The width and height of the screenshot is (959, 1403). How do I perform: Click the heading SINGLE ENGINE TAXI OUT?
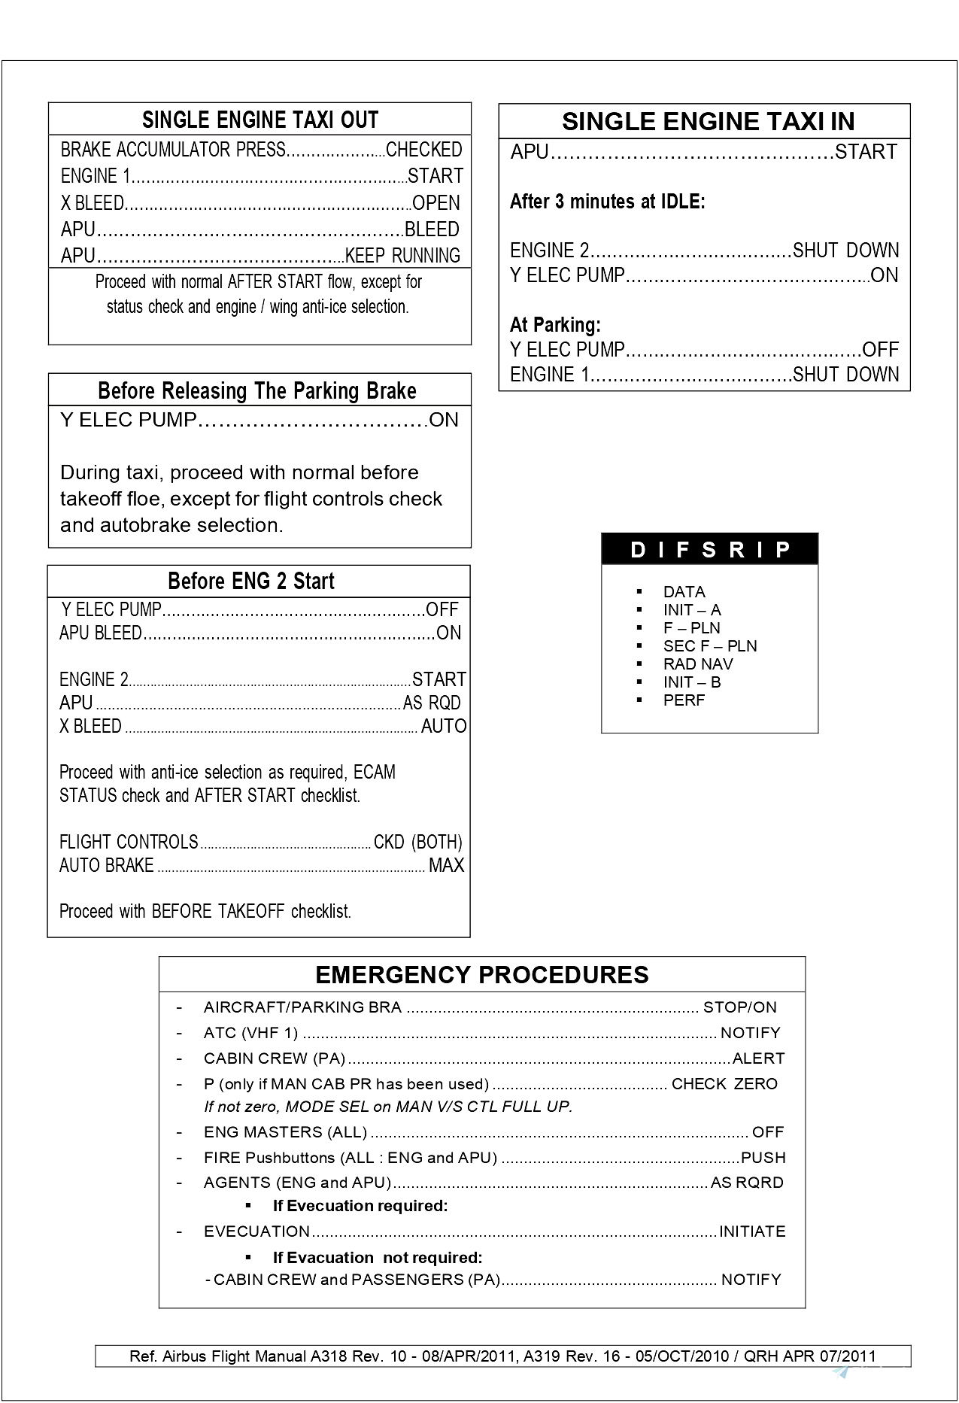point(260,120)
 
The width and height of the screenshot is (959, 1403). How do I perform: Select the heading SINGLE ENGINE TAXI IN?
point(708,122)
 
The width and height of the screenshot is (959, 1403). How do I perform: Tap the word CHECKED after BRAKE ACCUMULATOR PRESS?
point(423,150)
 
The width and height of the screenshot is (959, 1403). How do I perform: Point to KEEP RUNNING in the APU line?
point(402,256)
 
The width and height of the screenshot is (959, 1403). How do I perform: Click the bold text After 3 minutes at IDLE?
point(607,202)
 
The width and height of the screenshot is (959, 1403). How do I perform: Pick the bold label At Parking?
point(555,325)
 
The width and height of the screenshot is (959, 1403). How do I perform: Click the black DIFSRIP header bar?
point(709,550)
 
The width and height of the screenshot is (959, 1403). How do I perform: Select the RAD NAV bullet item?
point(697,664)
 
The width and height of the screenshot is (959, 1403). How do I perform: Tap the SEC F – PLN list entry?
point(709,646)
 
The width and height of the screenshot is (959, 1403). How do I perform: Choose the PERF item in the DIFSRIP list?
point(684,700)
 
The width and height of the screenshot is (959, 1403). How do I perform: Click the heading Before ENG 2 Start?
point(250,582)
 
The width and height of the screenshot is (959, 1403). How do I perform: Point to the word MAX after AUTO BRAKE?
point(446,866)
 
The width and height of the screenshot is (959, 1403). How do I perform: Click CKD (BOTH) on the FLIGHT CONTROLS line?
point(417,843)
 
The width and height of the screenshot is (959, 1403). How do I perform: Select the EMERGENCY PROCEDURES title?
point(481,975)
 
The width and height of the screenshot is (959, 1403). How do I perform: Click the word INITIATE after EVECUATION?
point(752,1231)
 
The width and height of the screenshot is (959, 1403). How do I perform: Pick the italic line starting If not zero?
point(388,1107)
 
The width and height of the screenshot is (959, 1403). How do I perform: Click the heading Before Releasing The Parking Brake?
point(256,391)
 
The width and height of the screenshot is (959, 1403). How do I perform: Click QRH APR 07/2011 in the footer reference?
point(810,1356)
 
